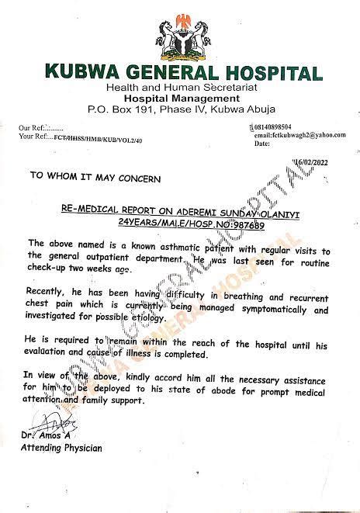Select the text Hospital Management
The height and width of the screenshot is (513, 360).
pos(179,99)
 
